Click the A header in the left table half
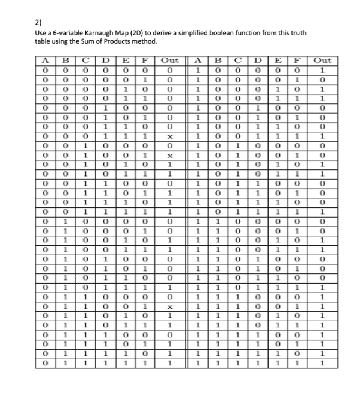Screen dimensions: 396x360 click(45, 61)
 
